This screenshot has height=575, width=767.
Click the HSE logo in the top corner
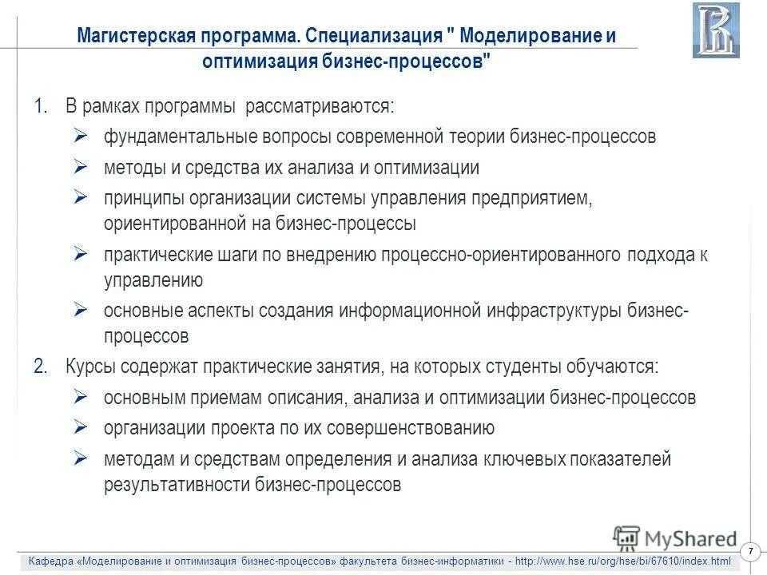pos(716,30)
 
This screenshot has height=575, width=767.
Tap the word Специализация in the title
pos(375,37)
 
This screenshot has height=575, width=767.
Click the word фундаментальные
pos(179,136)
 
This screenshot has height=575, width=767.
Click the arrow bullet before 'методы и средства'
pos(80,167)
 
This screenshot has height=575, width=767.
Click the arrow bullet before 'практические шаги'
pos(80,254)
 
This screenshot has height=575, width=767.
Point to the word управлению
pos(153,280)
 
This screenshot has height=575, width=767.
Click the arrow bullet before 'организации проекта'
pos(80,427)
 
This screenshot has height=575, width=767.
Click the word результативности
pos(177,484)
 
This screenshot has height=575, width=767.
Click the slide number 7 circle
pos(750,553)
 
